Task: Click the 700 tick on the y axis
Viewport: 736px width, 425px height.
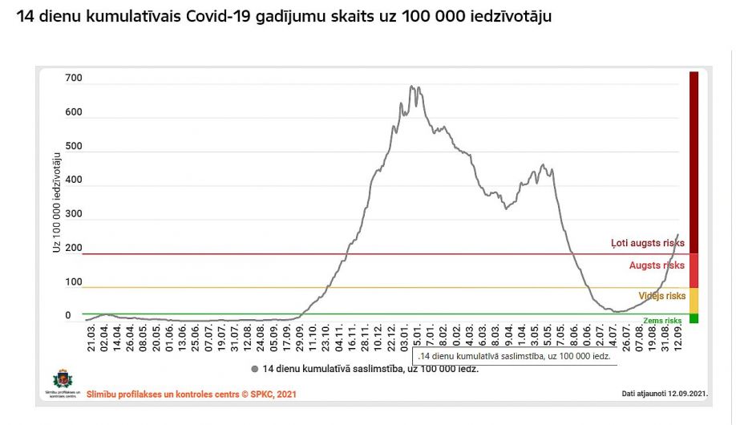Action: [x=73, y=78]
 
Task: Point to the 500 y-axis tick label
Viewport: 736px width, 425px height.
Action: [x=73, y=147]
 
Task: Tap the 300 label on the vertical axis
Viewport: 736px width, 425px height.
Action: [x=73, y=214]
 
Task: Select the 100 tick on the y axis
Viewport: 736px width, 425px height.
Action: [x=73, y=282]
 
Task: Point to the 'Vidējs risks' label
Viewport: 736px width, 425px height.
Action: [x=661, y=296]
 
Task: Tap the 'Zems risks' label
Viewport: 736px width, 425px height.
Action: [x=662, y=320]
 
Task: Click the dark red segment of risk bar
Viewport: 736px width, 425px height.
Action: [x=694, y=160]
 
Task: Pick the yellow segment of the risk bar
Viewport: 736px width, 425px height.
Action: [x=694, y=300]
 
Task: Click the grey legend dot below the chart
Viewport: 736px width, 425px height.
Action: [x=254, y=369]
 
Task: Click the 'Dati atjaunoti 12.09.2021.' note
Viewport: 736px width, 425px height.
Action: [x=663, y=394]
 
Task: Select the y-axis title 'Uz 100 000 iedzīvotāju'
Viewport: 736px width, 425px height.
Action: [x=57, y=200]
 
